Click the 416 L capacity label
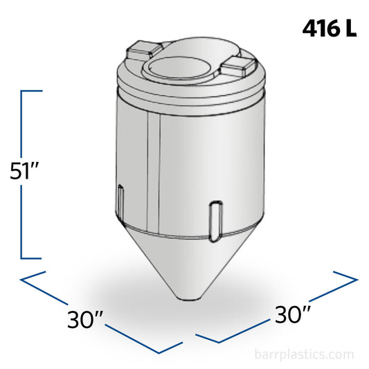pyautogui.click(x=330, y=30)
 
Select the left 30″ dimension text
pyautogui.click(x=86, y=320)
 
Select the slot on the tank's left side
pyautogui.click(x=122, y=201)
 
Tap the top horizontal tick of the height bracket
pyautogui.click(x=33, y=90)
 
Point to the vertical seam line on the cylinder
pyautogui.click(x=151, y=173)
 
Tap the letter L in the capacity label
pyautogui.click(x=351, y=30)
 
